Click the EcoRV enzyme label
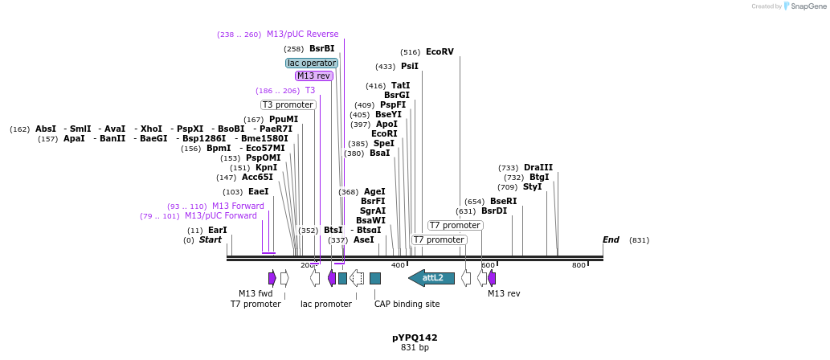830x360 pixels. (440, 52)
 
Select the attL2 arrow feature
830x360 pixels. (431, 278)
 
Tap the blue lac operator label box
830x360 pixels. (312, 63)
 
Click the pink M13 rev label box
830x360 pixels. (313, 76)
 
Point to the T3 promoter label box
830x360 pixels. (288, 105)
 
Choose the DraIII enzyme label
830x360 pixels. (538, 168)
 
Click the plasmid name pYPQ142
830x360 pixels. (415, 337)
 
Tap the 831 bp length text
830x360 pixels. (415, 348)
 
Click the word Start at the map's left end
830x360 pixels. (210, 240)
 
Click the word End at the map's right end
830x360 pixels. (611, 240)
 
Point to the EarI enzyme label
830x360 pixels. (218, 231)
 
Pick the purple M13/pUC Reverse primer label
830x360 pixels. (302, 35)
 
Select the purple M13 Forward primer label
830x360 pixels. (238, 207)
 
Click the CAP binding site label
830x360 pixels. (407, 305)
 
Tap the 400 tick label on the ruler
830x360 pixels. (398, 265)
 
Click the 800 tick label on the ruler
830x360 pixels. (579, 265)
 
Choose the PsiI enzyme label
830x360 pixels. (410, 67)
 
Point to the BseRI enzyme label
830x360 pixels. (504, 202)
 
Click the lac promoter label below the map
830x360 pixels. (325, 305)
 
